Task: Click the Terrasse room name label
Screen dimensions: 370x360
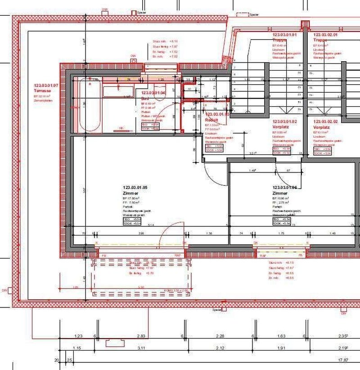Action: click(43, 90)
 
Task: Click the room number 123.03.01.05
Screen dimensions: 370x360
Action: click(135, 187)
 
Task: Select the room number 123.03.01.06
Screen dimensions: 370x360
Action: click(284, 187)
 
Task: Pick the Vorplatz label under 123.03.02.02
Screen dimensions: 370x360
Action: click(322, 127)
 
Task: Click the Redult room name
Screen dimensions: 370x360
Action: click(211, 120)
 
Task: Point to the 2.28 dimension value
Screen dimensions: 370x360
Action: click(220, 336)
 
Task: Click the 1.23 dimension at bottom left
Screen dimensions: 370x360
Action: click(79, 336)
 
